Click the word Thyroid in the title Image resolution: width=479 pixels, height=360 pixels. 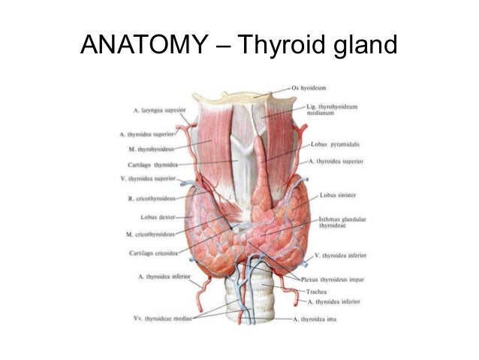[281, 47]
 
